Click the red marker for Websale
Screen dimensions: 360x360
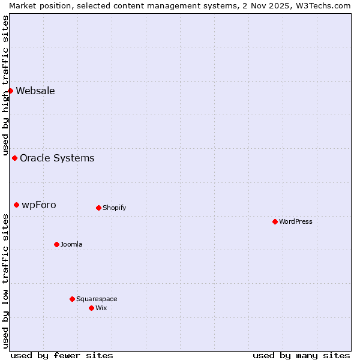(10, 91)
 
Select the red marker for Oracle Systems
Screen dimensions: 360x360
(14, 158)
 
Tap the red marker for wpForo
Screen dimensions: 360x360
(16, 205)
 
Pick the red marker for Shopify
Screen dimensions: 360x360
(98, 208)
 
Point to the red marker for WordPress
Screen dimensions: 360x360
(275, 222)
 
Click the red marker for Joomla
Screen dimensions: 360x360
(56, 245)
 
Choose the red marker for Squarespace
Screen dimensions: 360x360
(72, 299)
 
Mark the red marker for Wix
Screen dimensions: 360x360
(91, 308)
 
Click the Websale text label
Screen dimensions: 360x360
(35, 91)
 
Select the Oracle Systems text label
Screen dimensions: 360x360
(57, 158)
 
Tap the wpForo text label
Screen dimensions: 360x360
(39, 205)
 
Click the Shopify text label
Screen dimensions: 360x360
(114, 208)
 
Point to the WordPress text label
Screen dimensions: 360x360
(296, 222)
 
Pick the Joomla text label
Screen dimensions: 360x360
(71, 245)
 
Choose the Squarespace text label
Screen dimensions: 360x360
(97, 299)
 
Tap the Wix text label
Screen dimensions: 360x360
(101, 308)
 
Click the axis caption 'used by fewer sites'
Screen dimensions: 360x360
(62, 356)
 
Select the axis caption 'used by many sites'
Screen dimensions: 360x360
(301, 356)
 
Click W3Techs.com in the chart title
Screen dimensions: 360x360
(326, 5)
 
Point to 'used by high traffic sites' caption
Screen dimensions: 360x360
(5, 84)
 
